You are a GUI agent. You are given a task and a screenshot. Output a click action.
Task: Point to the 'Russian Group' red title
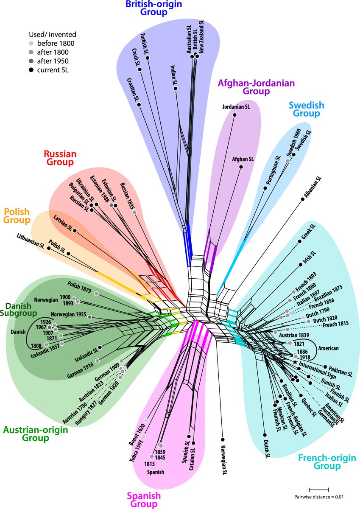(x=59, y=158)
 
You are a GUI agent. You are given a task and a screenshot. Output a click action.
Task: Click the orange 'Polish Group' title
(x=17, y=215)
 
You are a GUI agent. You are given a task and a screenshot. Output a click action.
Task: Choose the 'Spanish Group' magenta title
(x=144, y=500)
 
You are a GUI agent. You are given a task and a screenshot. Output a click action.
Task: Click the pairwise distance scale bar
(x=318, y=490)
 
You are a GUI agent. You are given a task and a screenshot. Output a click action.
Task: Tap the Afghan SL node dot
(x=241, y=168)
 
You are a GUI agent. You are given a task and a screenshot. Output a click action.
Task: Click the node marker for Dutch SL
(x=264, y=435)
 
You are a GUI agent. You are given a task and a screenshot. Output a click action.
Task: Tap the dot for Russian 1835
(x=134, y=212)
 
